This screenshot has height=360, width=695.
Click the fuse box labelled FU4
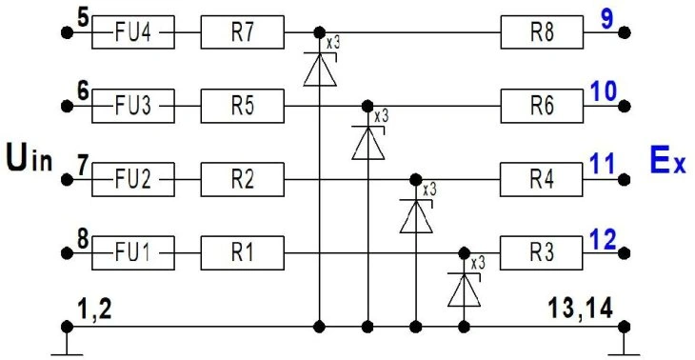(x=133, y=32)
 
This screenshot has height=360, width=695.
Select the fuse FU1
(x=133, y=253)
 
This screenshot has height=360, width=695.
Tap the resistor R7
(x=242, y=32)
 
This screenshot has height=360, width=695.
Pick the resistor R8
(x=542, y=32)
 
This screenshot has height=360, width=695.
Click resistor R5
(x=242, y=106)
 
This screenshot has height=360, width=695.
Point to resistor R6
(x=542, y=106)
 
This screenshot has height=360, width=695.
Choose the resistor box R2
(x=242, y=180)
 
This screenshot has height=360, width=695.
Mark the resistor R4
(x=542, y=180)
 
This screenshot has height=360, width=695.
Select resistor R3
(x=542, y=253)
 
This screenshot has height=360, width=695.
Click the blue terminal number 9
(x=607, y=21)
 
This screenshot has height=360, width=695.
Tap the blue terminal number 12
(x=603, y=241)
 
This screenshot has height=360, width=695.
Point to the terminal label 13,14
(x=581, y=308)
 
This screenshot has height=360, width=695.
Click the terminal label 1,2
(x=94, y=310)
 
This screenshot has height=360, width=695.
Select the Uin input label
(x=30, y=161)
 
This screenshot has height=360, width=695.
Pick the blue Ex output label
(x=668, y=161)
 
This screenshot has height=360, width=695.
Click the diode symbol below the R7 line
(x=320, y=70)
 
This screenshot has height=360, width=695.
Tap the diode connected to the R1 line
(x=464, y=290)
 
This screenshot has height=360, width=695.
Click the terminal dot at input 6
(x=67, y=106)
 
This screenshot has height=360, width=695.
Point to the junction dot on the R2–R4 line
(x=416, y=180)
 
